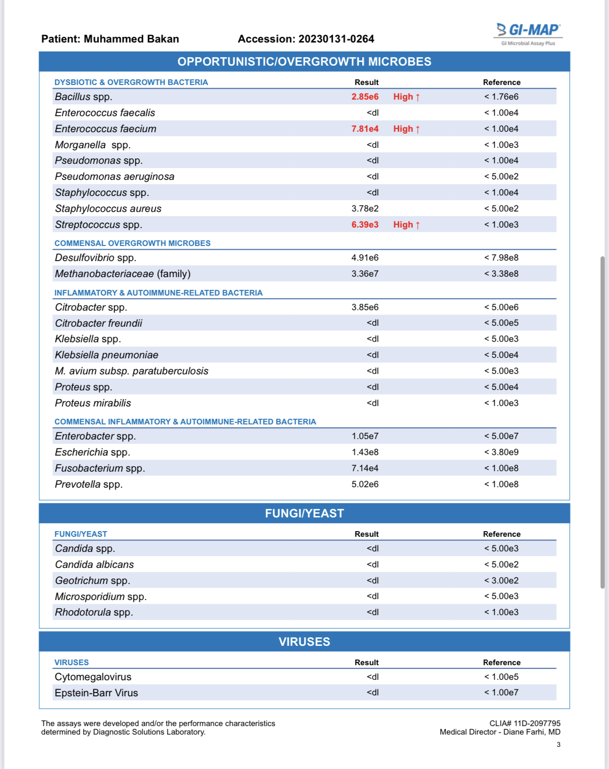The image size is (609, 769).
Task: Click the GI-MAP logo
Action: (x=529, y=33)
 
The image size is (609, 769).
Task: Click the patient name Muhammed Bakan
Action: (x=131, y=39)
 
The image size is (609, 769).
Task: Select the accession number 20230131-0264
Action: (x=336, y=39)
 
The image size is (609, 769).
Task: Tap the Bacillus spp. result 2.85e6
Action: (x=365, y=97)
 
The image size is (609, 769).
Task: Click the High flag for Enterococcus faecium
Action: (x=406, y=129)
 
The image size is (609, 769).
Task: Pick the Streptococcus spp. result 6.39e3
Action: (x=365, y=225)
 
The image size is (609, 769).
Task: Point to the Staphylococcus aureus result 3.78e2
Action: (x=365, y=209)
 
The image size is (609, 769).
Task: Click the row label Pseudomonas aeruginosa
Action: (x=115, y=177)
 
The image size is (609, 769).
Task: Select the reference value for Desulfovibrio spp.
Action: (x=501, y=258)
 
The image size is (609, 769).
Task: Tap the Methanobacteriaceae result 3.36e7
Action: (x=365, y=274)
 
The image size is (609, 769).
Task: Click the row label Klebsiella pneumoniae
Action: (x=107, y=355)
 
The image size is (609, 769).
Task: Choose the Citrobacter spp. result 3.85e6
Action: (x=365, y=307)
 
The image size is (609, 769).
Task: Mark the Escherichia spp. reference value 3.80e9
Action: (x=501, y=452)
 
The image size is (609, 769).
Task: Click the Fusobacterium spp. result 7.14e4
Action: (x=365, y=468)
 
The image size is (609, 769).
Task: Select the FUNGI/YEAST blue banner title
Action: (x=304, y=514)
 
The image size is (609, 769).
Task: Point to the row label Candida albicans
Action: (x=94, y=565)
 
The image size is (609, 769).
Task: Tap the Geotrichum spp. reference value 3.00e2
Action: (x=501, y=581)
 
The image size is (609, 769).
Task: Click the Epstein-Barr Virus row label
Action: (x=96, y=693)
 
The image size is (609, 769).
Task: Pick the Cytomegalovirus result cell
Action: (x=372, y=677)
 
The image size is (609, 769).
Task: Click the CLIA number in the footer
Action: (x=525, y=723)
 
